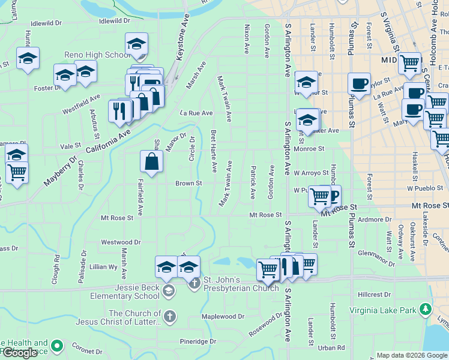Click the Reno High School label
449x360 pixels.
[x=96, y=55]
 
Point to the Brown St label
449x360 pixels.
[x=188, y=183]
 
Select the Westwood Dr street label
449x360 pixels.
[x=120, y=242]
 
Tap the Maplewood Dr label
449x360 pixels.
[x=223, y=316]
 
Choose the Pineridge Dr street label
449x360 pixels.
[x=197, y=341]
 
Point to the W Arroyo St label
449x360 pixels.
[x=311, y=173]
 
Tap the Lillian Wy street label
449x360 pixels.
[x=103, y=266]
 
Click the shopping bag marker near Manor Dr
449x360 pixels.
[x=152, y=161]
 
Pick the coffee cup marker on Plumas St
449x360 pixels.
[x=360, y=84]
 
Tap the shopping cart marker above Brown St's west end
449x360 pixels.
[x=17, y=173]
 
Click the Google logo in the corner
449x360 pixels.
[x=20, y=353]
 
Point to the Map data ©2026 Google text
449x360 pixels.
[x=412, y=355]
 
